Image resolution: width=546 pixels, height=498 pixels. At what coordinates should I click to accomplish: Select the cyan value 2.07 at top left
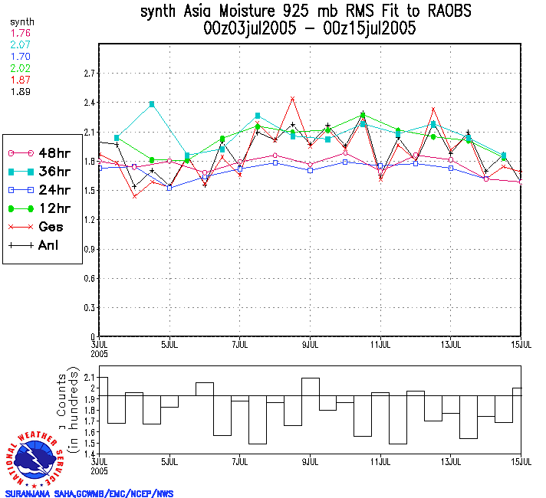[x=20, y=45]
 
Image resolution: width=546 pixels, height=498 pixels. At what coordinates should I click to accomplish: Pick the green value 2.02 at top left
[x=20, y=68]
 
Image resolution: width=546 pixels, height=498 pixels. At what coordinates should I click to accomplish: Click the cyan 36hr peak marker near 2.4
[x=152, y=104]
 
